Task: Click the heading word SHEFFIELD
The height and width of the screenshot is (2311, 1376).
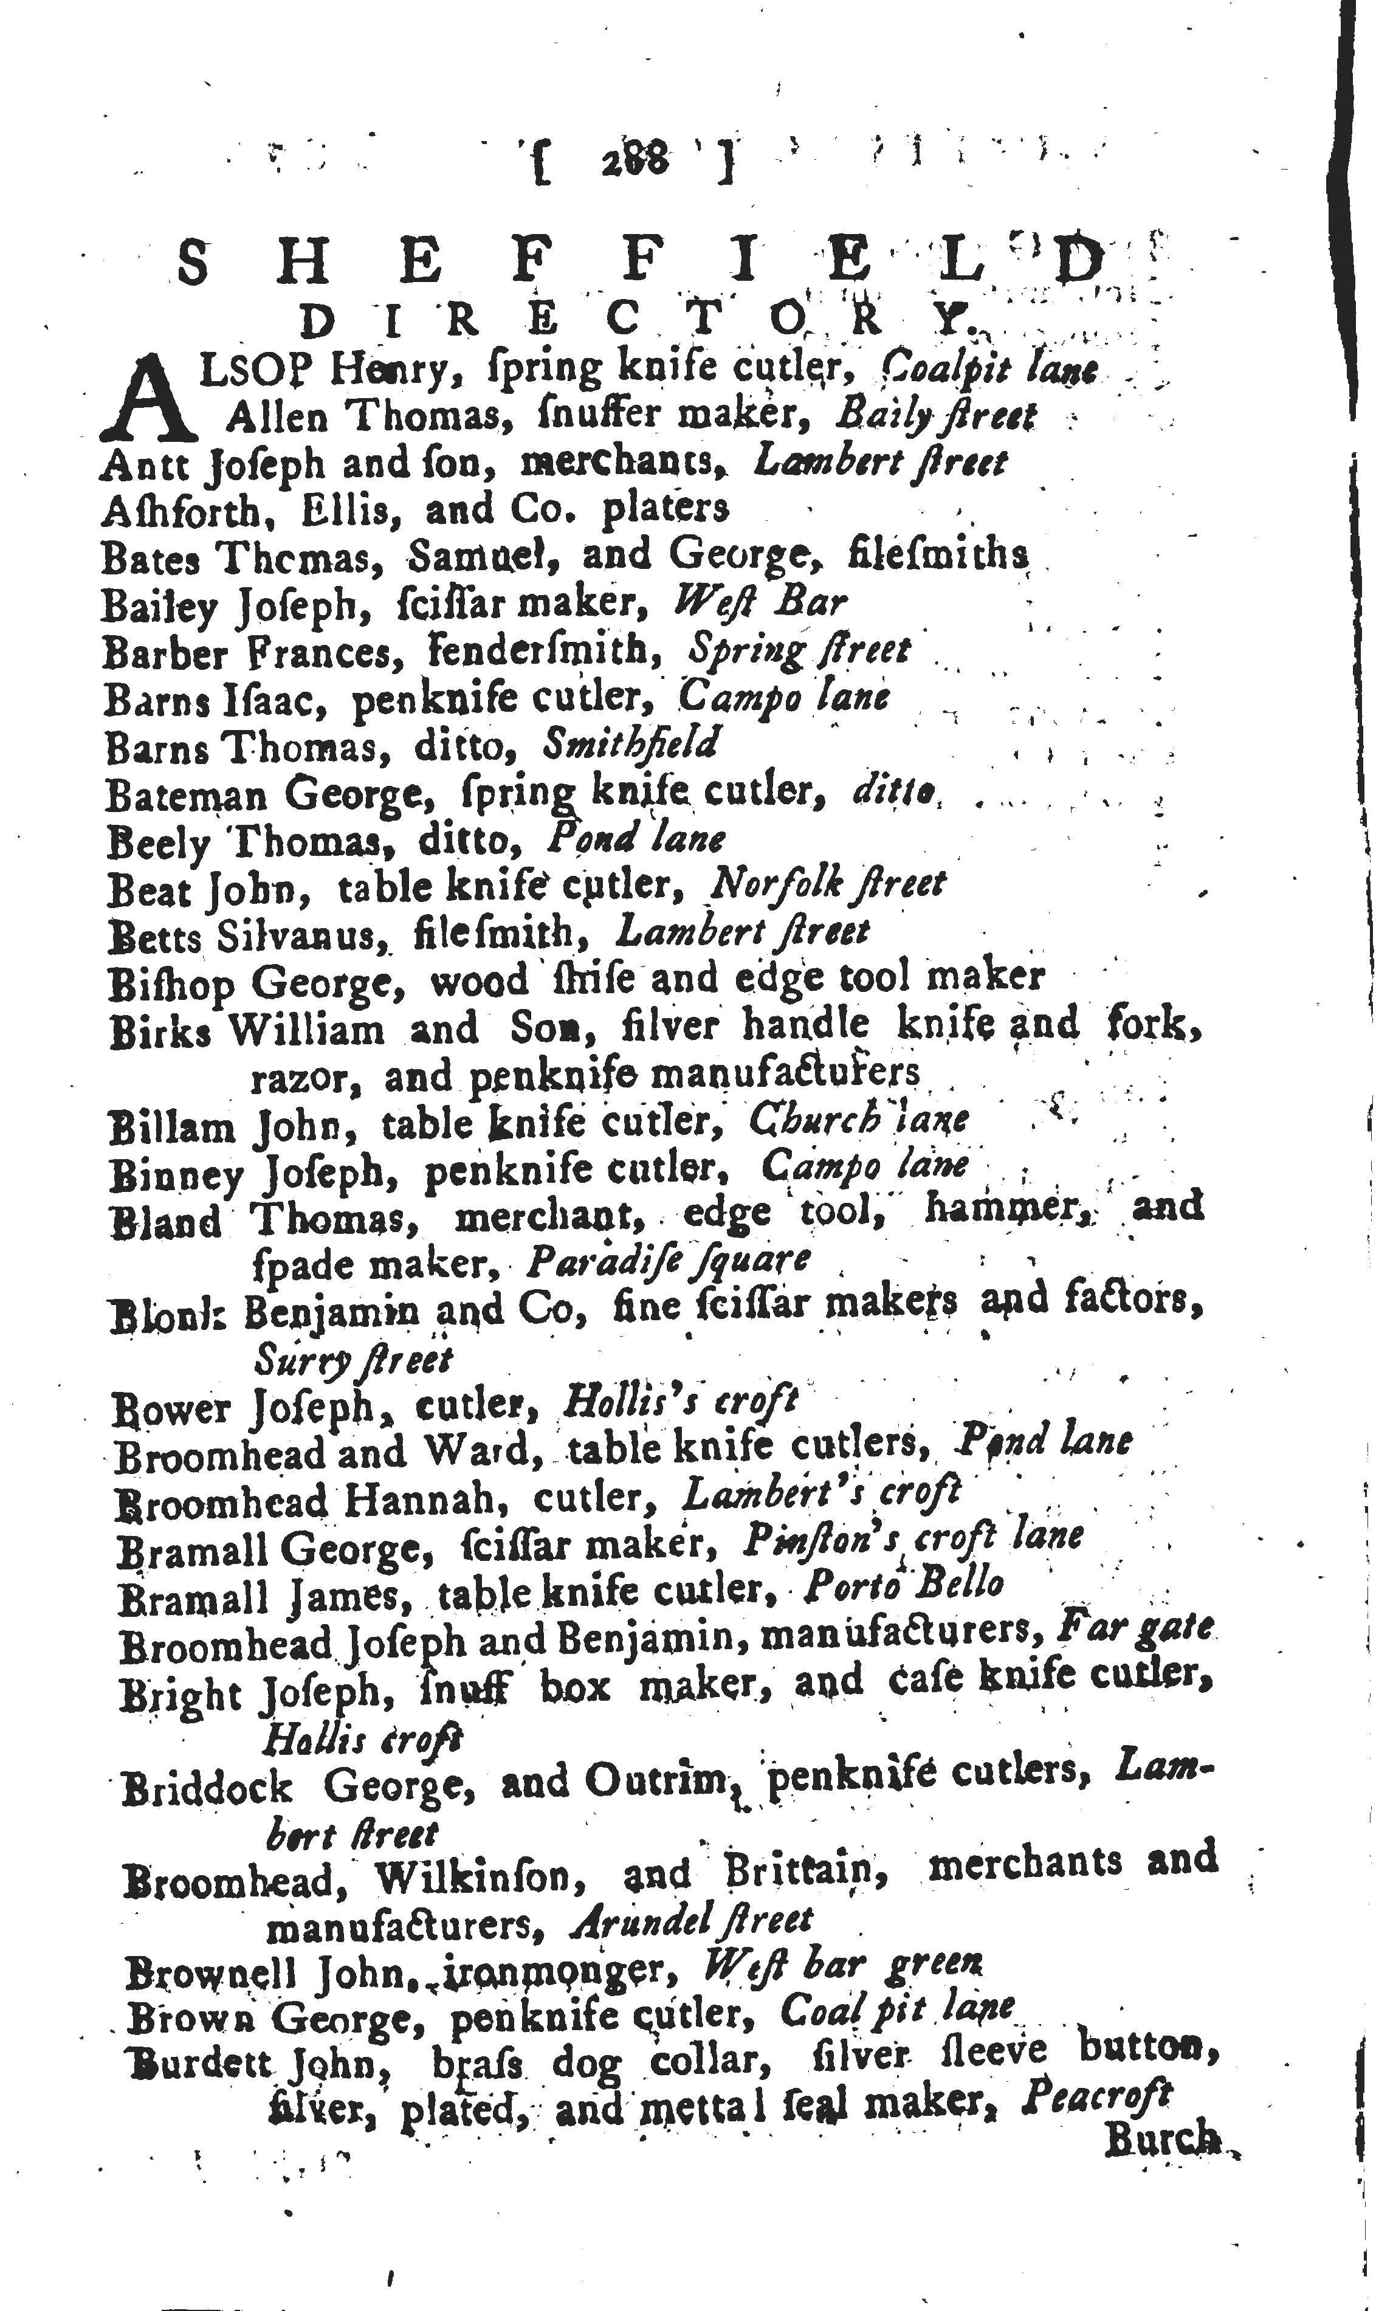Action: point(640,263)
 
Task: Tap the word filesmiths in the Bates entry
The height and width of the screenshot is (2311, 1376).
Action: point(938,556)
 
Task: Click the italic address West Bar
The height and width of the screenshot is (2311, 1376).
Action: point(759,603)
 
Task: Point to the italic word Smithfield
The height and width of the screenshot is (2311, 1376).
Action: point(630,745)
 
